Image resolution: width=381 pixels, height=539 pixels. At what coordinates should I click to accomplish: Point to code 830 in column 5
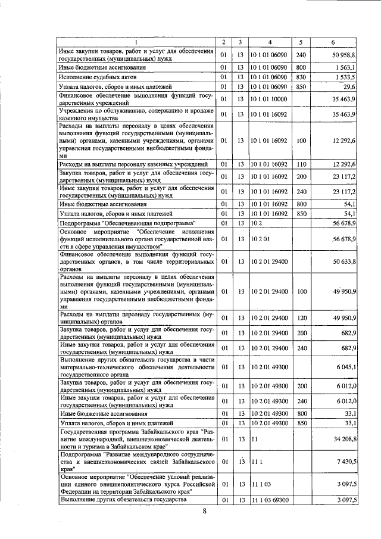tap(300, 77)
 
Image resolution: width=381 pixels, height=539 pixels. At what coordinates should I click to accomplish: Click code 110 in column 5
tap(300, 164)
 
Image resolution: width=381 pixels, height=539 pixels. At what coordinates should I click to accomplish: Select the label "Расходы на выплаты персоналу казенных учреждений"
tap(134, 164)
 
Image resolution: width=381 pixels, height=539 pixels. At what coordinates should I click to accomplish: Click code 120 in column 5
tap(300, 317)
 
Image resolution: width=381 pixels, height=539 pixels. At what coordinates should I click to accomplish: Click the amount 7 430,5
tap(345, 462)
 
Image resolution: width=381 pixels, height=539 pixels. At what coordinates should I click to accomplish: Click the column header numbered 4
tap(270, 42)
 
